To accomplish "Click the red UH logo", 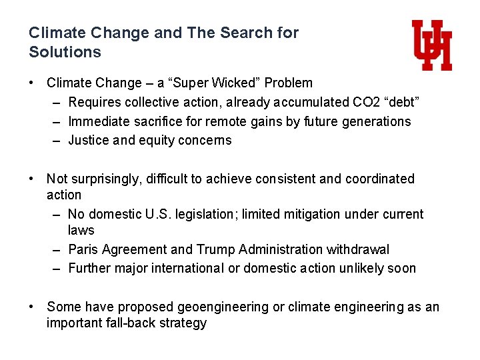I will tap(432, 45).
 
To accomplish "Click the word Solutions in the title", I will tap(65, 52).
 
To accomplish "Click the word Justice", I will tap(89, 140).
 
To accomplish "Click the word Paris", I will tap(83, 249).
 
